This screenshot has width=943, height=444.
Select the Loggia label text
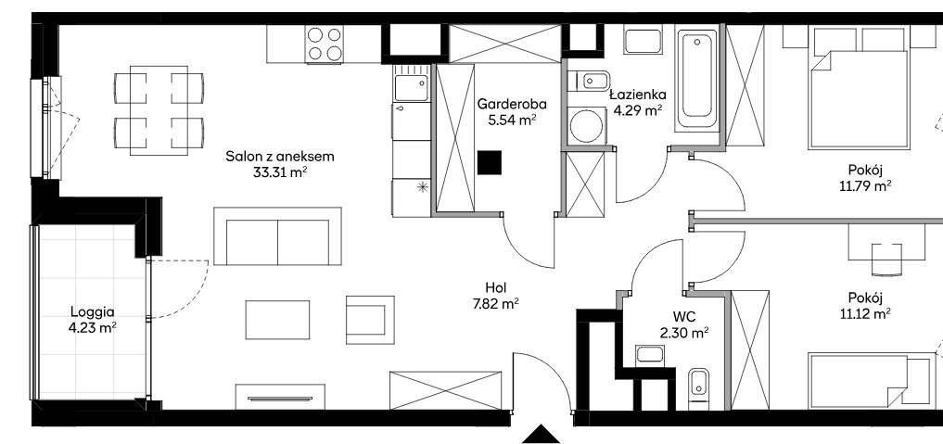pyautogui.click(x=93, y=312)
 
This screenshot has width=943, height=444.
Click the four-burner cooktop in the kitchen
pyautogui.click(x=325, y=44)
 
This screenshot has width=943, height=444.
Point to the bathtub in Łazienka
pyautogui.click(x=696, y=80)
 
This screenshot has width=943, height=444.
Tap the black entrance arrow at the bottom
pyautogui.click(x=541, y=434)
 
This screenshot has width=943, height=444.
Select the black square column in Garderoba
pyautogui.click(x=489, y=162)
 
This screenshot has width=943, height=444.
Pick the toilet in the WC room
pyautogui.click(x=698, y=386)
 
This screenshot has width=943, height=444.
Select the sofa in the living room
pyautogui.click(x=278, y=236)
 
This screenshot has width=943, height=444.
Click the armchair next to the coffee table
pyautogui.click(x=370, y=320)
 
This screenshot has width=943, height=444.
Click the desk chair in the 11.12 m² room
pyautogui.click(x=887, y=259)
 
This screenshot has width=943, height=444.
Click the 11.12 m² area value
pyautogui.click(x=865, y=313)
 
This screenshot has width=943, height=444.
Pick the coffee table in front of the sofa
pyautogui.click(x=277, y=320)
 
